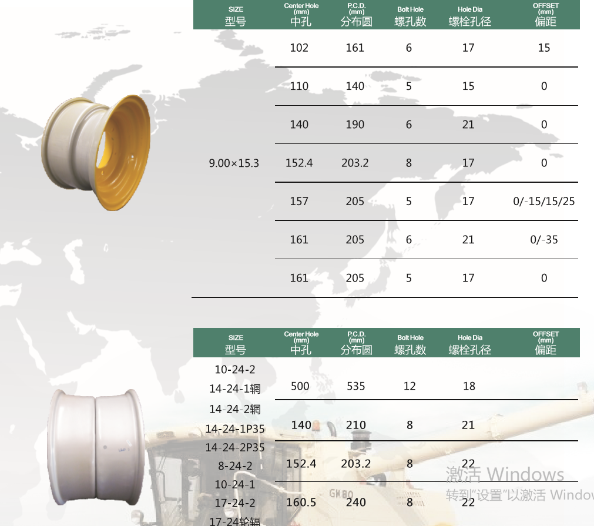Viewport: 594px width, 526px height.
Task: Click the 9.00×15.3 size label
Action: coord(234,163)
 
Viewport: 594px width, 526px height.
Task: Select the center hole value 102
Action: coord(299,48)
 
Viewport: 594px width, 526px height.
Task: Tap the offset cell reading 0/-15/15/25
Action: coord(543,201)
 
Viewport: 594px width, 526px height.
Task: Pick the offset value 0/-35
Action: coord(543,240)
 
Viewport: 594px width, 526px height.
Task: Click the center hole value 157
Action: coord(299,201)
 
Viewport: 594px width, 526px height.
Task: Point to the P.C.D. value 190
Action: coord(355,125)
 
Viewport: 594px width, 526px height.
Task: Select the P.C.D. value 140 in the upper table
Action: coord(355,86)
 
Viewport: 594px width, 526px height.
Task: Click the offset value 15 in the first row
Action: coord(544,48)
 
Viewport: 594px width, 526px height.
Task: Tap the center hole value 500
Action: coord(300,386)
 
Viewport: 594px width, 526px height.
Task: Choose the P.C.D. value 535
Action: coord(355,386)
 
